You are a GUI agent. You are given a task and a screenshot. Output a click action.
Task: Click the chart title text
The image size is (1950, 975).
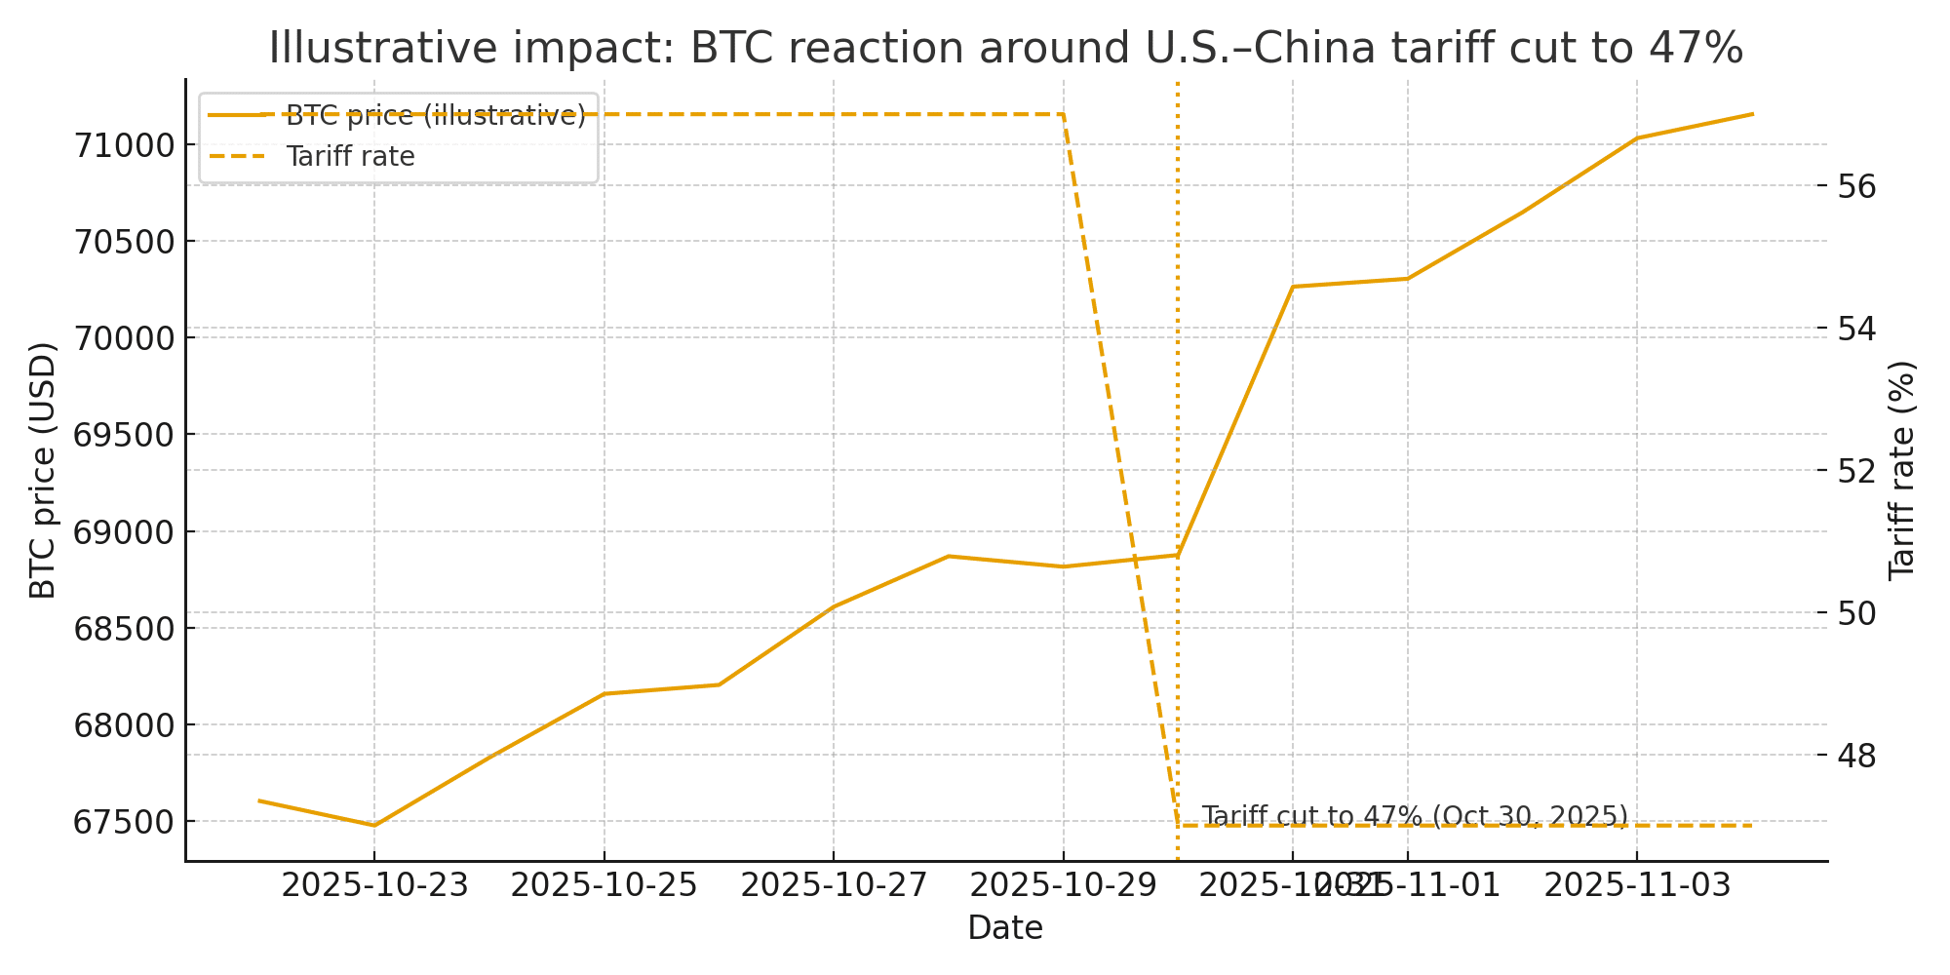point(1005,49)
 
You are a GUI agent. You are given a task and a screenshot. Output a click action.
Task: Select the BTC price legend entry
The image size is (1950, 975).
point(435,115)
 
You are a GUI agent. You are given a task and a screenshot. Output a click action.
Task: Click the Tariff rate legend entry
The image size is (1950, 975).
point(350,156)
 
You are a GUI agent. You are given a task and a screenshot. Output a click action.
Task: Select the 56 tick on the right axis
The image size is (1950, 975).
point(1856,185)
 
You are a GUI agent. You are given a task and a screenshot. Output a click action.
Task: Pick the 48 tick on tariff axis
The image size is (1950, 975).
point(1856,755)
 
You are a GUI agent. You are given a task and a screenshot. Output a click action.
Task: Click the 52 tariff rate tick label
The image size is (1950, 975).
point(1856,470)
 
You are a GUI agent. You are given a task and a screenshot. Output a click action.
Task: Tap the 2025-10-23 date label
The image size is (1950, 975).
point(374,886)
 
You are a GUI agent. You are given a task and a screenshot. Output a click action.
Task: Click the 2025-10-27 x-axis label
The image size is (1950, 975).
point(834,886)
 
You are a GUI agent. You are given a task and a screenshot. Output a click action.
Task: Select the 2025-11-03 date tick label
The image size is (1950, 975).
point(1636,886)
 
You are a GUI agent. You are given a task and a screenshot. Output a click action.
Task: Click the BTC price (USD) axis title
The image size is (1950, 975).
point(43,470)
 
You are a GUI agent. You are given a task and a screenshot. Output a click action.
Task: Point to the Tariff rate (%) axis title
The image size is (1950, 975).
point(1901,470)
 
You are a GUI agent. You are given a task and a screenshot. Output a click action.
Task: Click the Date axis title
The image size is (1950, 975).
point(1005,928)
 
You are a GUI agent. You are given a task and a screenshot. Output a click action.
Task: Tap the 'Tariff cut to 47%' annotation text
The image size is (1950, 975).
point(1414,815)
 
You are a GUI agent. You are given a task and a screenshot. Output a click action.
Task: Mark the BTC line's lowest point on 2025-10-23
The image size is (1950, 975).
point(374,826)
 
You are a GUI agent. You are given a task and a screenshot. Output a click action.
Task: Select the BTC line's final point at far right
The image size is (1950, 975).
point(1752,114)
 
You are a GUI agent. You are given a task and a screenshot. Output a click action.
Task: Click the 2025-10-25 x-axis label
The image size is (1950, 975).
point(604,886)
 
